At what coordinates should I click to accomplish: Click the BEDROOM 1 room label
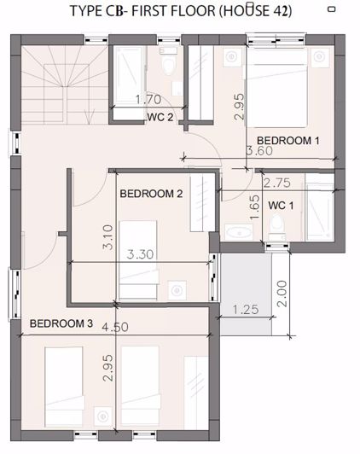287,139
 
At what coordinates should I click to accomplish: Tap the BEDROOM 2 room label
151,194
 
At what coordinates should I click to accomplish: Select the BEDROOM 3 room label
61,323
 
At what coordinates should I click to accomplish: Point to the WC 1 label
281,206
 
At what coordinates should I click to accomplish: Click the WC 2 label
160,117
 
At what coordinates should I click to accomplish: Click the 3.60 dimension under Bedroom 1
260,152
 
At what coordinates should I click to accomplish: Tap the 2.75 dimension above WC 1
278,183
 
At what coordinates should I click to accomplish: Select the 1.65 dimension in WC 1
254,208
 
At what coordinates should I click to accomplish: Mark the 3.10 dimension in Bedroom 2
106,237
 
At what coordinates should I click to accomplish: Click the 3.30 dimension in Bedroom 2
141,253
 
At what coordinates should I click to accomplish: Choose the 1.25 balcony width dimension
246,309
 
